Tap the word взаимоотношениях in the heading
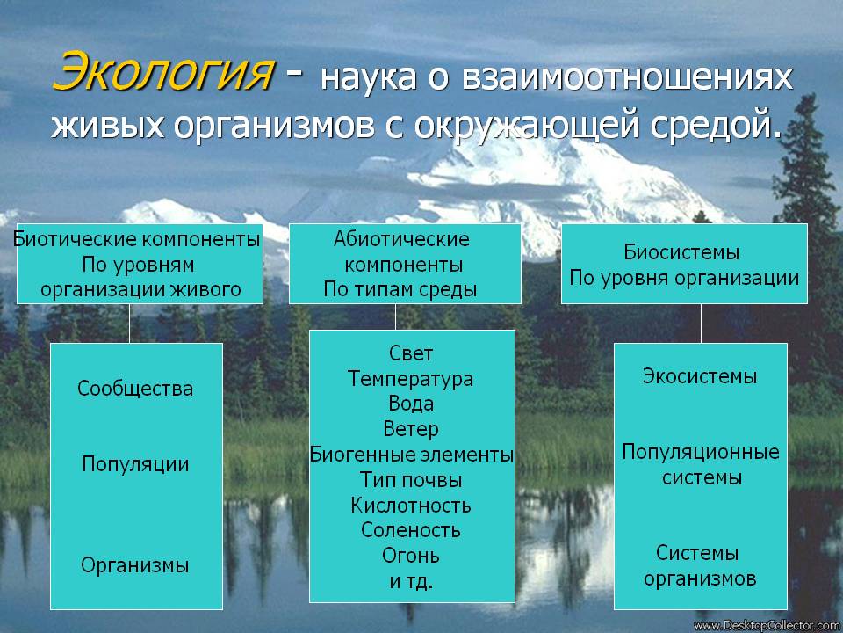point(627,77)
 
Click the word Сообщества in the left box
point(135,388)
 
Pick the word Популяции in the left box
point(135,464)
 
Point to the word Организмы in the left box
point(135,565)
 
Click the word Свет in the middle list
point(411,353)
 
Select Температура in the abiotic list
point(410,379)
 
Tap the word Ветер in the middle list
point(411,429)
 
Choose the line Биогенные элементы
point(411,455)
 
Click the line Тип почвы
point(411,480)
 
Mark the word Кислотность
point(411,505)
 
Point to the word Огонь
point(411,556)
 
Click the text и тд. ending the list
point(411,581)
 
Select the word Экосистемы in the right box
point(700,375)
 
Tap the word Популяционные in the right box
point(701,452)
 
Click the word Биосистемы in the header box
point(681,252)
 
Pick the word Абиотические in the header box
point(401,239)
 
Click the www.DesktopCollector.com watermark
point(767,626)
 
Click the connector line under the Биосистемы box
point(701,324)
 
